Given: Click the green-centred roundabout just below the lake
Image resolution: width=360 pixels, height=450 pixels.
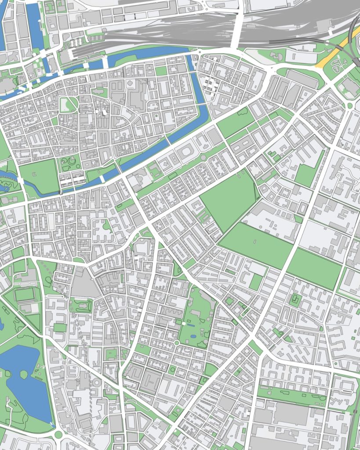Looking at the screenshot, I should click(x=58, y=435).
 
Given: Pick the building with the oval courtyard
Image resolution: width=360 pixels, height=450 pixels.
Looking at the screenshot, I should click(x=185, y=152).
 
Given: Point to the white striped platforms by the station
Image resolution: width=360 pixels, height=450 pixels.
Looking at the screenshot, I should click(x=76, y=43).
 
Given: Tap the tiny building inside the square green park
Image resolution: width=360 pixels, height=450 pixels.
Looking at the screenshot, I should click(x=294, y=300).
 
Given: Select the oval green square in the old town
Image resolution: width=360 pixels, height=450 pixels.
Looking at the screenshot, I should click(x=68, y=105).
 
